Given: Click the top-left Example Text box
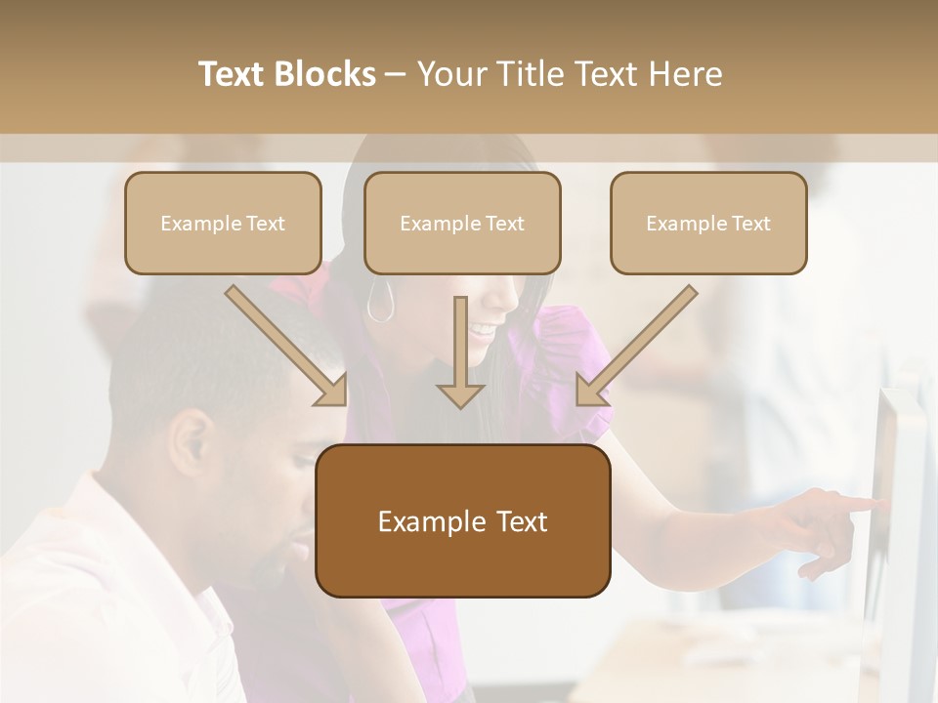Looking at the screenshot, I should point(223,223).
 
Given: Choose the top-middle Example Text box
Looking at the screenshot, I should point(462,223).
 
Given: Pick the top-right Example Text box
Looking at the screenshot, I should point(708,223).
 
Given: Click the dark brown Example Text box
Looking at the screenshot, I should point(463,520).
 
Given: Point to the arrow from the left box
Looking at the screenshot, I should point(287,347).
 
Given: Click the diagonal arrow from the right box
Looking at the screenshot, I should point(635,347).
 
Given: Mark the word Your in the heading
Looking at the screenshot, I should point(450,74).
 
